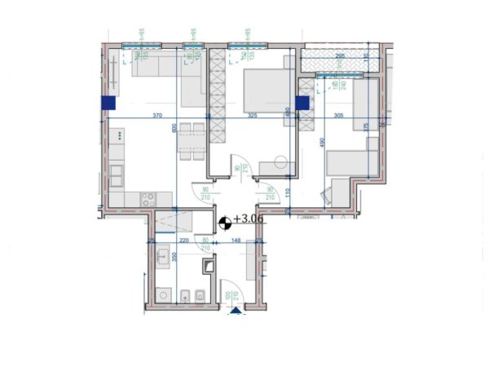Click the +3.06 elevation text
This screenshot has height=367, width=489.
[249, 219]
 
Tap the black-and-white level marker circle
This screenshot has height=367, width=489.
[225, 220]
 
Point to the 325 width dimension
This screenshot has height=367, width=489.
[252, 116]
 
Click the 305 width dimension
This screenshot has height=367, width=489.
[338, 116]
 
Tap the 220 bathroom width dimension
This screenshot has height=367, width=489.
[184, 241]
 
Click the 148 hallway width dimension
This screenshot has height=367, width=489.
[235, 241]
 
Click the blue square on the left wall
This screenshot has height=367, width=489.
[108, 103]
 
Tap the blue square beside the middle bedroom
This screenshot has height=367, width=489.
[302, 103]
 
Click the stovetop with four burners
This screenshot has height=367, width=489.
[148, 197]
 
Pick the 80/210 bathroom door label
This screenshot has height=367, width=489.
[205, 244]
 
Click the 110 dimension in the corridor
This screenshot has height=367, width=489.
[288, 192]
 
